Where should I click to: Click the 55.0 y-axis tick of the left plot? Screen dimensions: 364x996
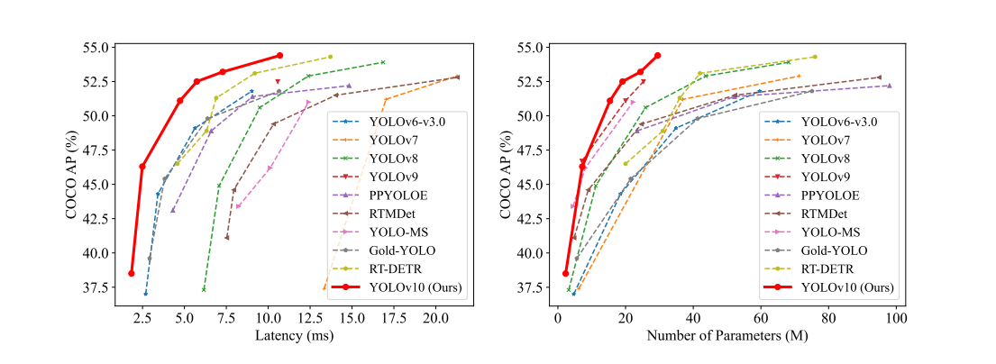(x=95, y=47)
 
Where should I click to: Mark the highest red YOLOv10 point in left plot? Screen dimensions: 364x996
(x=279, y=56)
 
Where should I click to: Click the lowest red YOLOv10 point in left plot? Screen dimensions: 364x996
(x=132, y=273)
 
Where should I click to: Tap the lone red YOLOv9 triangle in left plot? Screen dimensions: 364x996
(x=278, y=82)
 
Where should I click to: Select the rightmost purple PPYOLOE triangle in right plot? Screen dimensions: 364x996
(x=890, y=86)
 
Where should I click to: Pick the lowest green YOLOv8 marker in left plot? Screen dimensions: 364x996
(x=204, y=289)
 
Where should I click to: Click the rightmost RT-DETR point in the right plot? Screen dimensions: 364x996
(x=815, y=57)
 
